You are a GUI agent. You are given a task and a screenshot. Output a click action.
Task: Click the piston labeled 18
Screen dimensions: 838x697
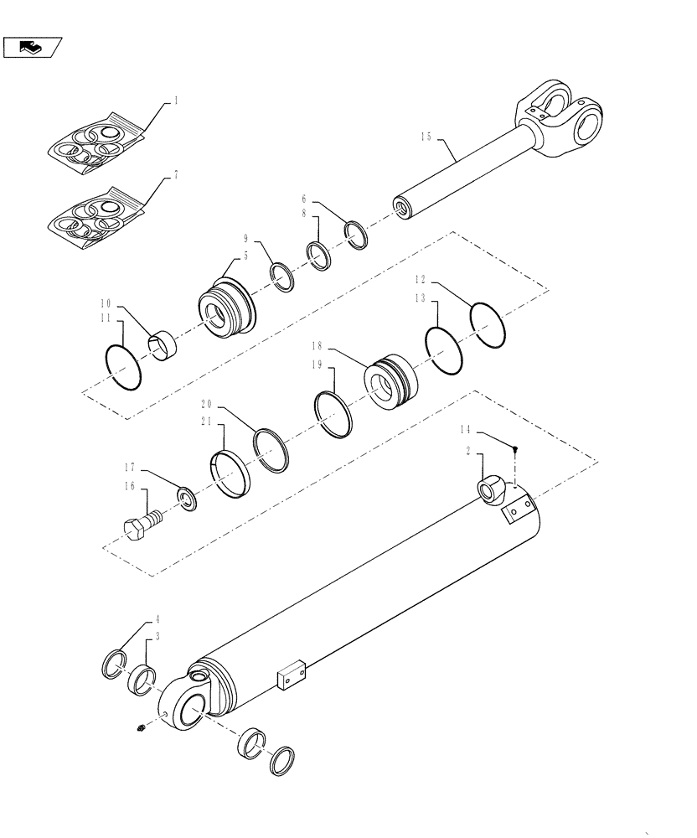point(389,382)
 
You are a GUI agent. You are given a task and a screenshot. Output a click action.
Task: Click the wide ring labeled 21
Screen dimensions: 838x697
point(228,474)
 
